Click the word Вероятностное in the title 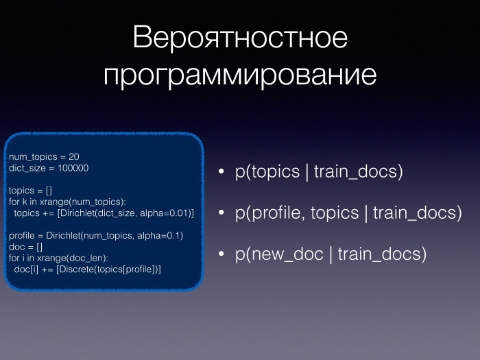tap(240, 38)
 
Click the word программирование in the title tap(240, 75)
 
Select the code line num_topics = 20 tap(44, 157)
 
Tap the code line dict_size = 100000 tap(49, 168)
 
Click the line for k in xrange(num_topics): tap(67, 202)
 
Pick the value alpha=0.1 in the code tap(160, 235)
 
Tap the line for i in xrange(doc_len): tap(59, 257)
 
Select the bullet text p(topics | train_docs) tap(318, 171)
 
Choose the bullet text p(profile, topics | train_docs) tap(348, 213)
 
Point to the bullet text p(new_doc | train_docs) tap(331, 254)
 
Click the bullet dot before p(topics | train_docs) tap(221, 172)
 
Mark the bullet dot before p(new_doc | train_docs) tap(221, 254)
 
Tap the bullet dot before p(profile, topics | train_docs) tap(221, 213)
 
